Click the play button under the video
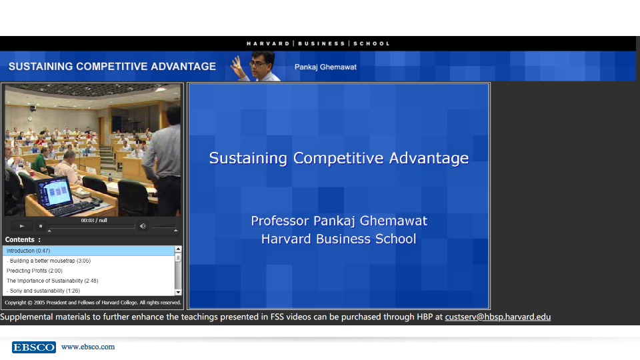coord(22,226)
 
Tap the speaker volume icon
coord(143,226)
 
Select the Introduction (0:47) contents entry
coord(28,251)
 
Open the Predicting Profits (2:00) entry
coord(34,271)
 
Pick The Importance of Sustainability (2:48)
coord(52,281)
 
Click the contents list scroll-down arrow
coord(178,292)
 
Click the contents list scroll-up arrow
coord(178,249)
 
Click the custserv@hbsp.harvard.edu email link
coord(497,317)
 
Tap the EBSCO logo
coord(34,347)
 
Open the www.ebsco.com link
coord(88,347)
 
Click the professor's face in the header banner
coord(261,63)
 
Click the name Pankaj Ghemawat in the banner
coord(325,67)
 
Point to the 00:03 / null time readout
coord(94,221)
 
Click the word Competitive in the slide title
coord(339,159)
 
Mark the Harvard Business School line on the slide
coord(339,239)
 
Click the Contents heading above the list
coord(19,239)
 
